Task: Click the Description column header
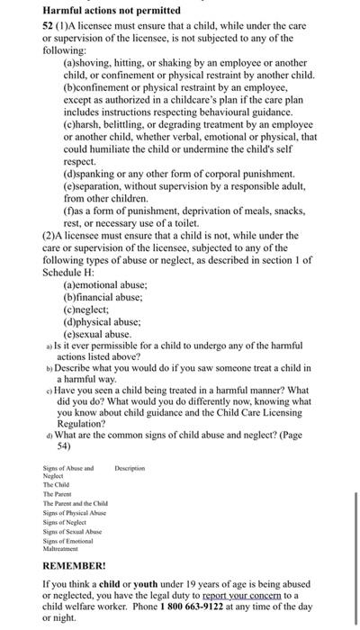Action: pyautogui.click(x=130, y=468)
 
